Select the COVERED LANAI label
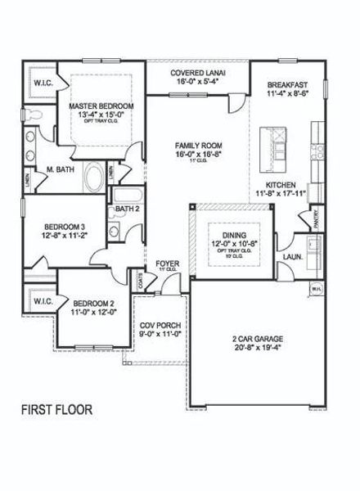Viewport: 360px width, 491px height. click(x=198, y=73)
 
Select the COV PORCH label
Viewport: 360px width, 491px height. click(x=160, y=325)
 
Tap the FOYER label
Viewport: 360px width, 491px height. click(x=169, y=264)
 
